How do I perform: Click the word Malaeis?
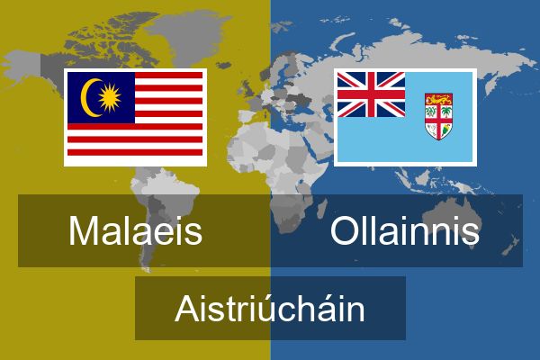(135, 230)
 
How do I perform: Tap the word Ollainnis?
(405, 230)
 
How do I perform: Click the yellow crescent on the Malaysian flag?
(89, 98)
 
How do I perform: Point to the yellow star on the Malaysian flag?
(110, 98)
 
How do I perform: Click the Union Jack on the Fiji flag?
(371, 94)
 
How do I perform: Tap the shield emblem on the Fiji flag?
(438, 116)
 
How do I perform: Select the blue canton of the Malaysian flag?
(101, 97)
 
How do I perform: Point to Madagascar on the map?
(321, 209)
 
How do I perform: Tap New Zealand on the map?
(510, 246)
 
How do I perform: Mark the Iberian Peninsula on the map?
(248, 116)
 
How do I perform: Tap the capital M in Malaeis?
(84, 230)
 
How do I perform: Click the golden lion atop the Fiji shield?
(438, 100)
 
